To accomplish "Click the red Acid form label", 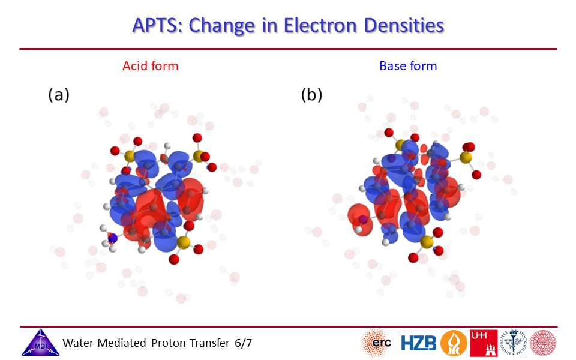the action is [x=150, y=66].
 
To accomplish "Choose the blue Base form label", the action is [x=408, y=66].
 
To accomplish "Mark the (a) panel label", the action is [x=59, y=95].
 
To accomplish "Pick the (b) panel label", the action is [x=311, y=95].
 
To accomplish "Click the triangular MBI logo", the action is [x=40, y=343].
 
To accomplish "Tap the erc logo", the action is [x=377, y=343].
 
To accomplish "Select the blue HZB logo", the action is [x=418, y=343].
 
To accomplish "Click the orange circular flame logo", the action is [x=454, y=343].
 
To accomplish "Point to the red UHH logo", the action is [x=484, y=343].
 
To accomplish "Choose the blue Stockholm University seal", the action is [x=513, y=343].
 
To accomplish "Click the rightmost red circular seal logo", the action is [x=543, y=343].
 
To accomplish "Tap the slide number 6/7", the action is [x=243, y=343].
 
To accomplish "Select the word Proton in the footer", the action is [x=167, y=343].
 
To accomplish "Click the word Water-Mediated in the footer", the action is [x=104, y=343].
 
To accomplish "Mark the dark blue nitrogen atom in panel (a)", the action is [x=112, y=238].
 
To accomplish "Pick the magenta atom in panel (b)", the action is [x=363, y=220].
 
